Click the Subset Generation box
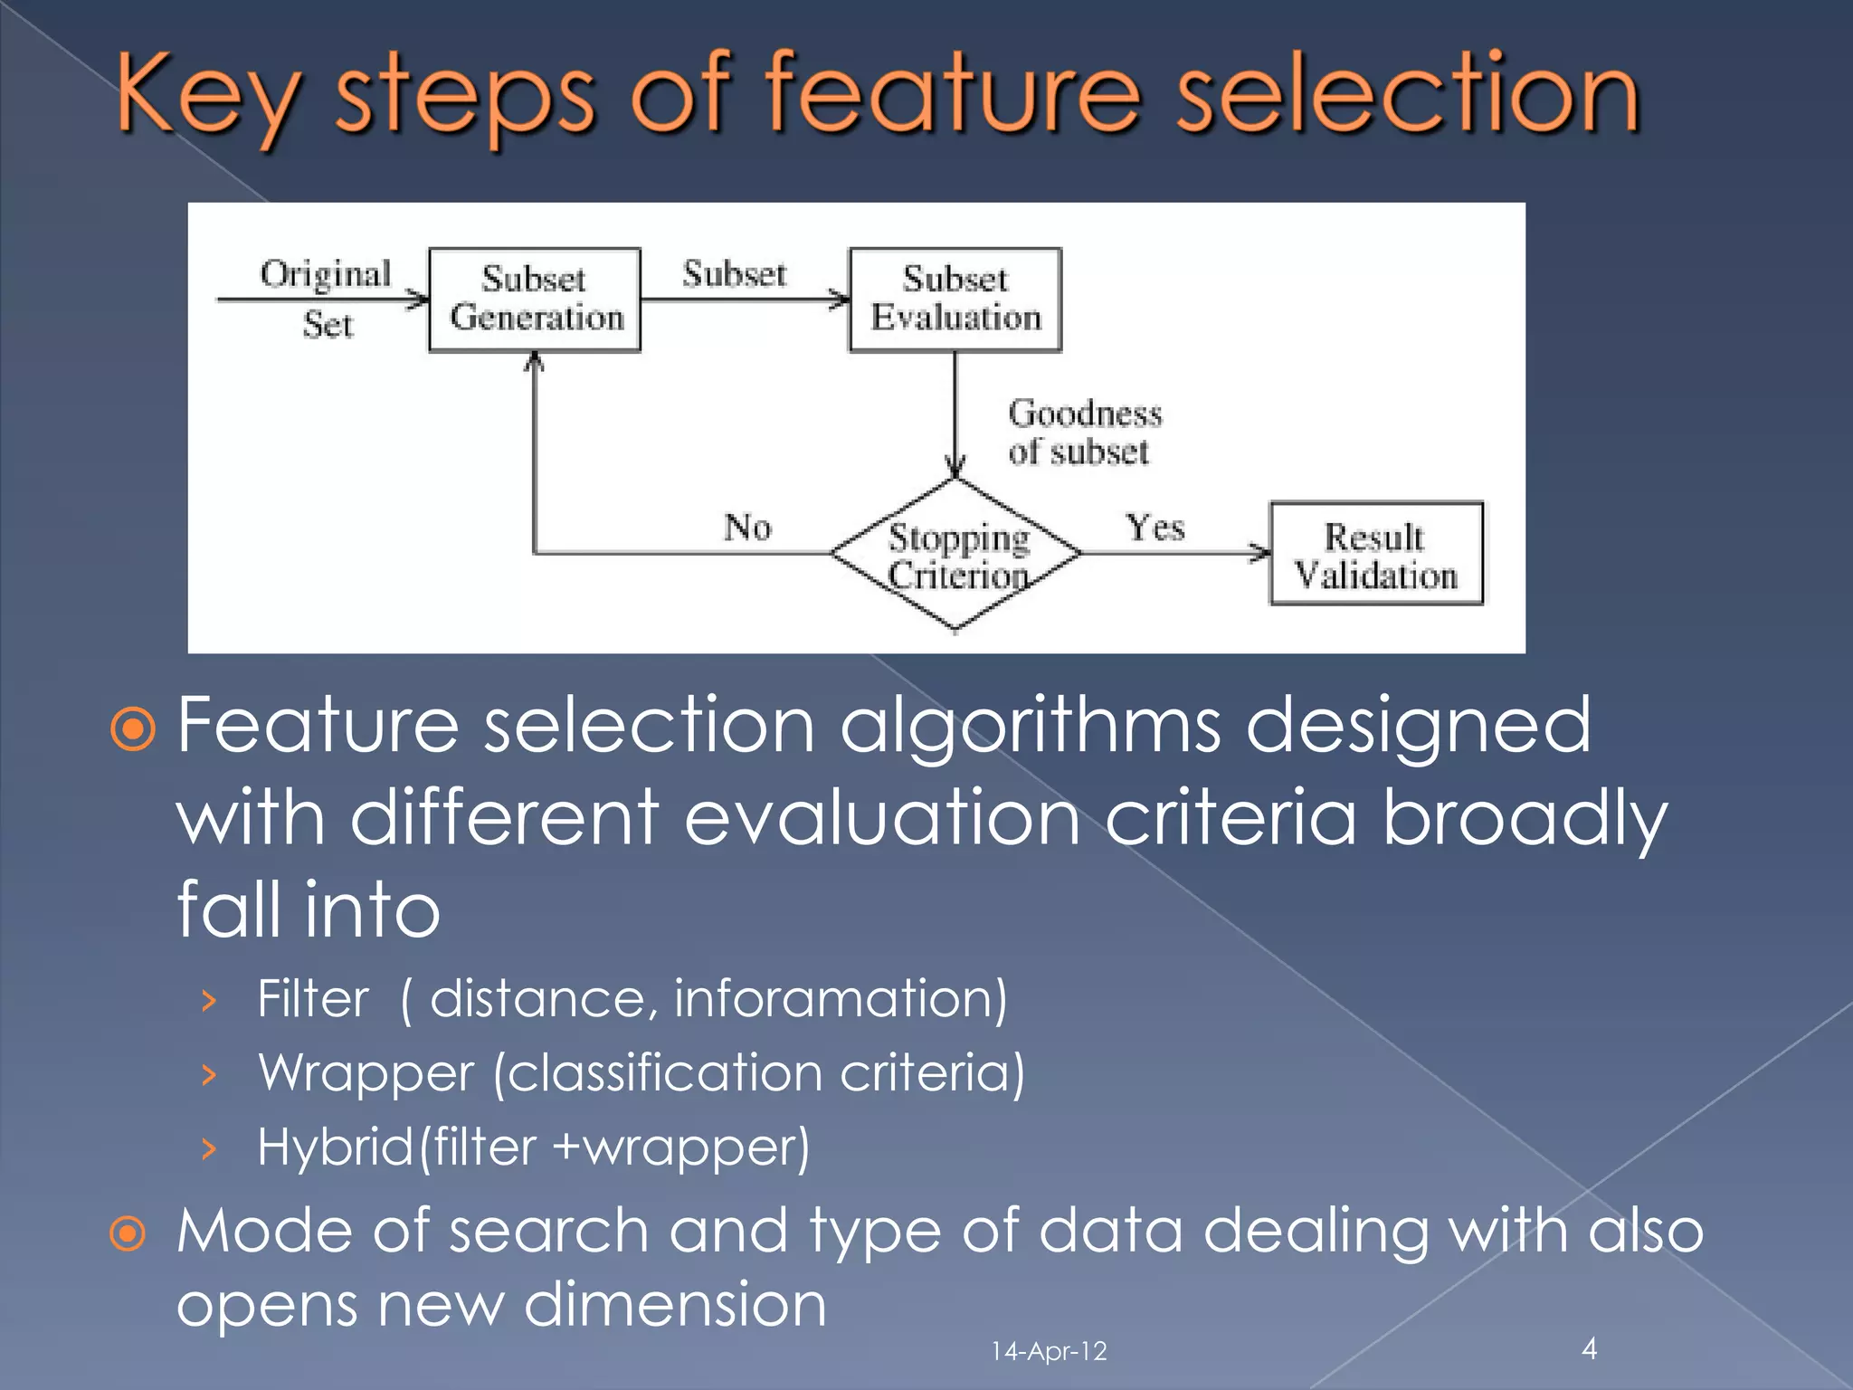[x=535, y=300]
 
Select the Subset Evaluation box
[x=955, y=300]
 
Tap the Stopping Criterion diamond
[x=956, y=554]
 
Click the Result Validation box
[x=1376, y=554]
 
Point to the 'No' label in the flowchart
[x=747, y=527]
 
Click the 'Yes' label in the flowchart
[x=1155, y=527]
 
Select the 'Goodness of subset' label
[x=1083, y=433]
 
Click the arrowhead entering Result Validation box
[x=1260, y=552]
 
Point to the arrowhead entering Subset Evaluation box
[x=841, y=300]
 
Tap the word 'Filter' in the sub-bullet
[x=313, y=999]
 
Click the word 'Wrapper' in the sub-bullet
[x=366, y=1074]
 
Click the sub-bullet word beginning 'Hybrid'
[x=336, y=1147]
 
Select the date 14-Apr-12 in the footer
[x=1049, y=1351]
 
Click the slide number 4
[x=1589, y=1348]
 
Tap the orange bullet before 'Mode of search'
[x=128, y=1233]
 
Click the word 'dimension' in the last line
[x=675, y=1306]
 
